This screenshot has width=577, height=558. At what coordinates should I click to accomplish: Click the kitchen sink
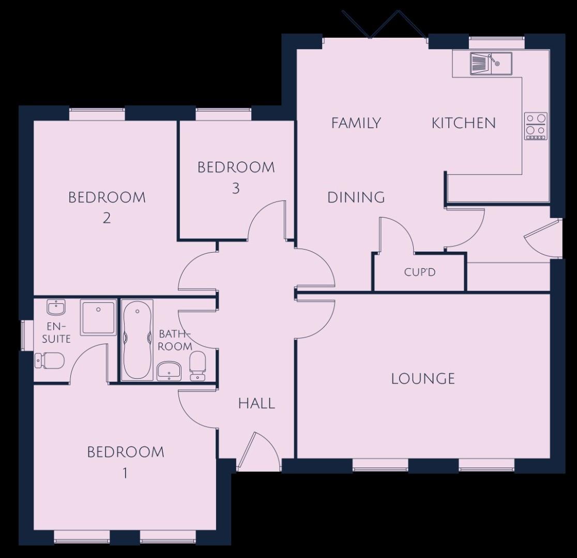491,64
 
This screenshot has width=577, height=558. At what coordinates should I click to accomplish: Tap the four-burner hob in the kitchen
536,126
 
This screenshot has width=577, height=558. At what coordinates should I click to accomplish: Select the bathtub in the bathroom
137,340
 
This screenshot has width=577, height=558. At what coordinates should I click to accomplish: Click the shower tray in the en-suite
98,317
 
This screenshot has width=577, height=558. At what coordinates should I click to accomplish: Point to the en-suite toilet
49,360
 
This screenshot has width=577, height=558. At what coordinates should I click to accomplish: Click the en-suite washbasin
56,307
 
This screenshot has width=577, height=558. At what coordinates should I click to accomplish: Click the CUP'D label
420,272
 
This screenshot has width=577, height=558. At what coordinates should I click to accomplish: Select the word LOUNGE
423,379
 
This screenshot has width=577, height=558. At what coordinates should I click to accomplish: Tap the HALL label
256,404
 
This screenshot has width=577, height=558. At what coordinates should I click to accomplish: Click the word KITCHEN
464,123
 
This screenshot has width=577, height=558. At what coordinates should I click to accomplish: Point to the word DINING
356,197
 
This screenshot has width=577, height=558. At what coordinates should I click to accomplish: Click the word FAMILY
356,123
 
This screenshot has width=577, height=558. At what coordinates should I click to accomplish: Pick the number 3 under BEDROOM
236,189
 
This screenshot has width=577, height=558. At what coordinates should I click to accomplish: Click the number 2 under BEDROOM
107,219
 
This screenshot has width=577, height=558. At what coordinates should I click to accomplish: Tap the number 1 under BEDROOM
125,473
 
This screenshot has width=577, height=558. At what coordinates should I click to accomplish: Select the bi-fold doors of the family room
385,24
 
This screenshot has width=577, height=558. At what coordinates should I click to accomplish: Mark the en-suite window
22,335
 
